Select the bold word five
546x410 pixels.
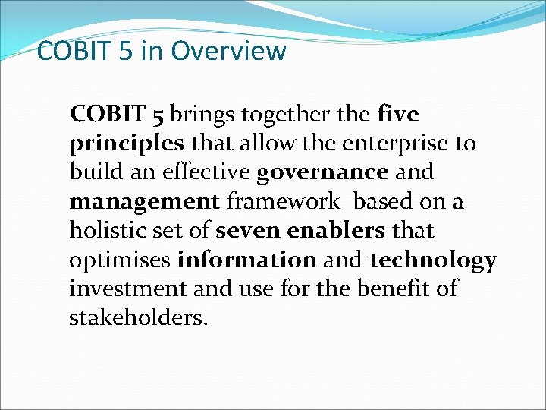click(397, 114)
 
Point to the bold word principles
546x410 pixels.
click(127, 143)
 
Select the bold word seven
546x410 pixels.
click(249, 230)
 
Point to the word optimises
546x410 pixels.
click(120, 260)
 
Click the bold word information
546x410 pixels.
click(246, 260)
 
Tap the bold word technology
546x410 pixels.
click(433, 260)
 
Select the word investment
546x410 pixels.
click(125, 289)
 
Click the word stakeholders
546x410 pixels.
click(137, 317)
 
